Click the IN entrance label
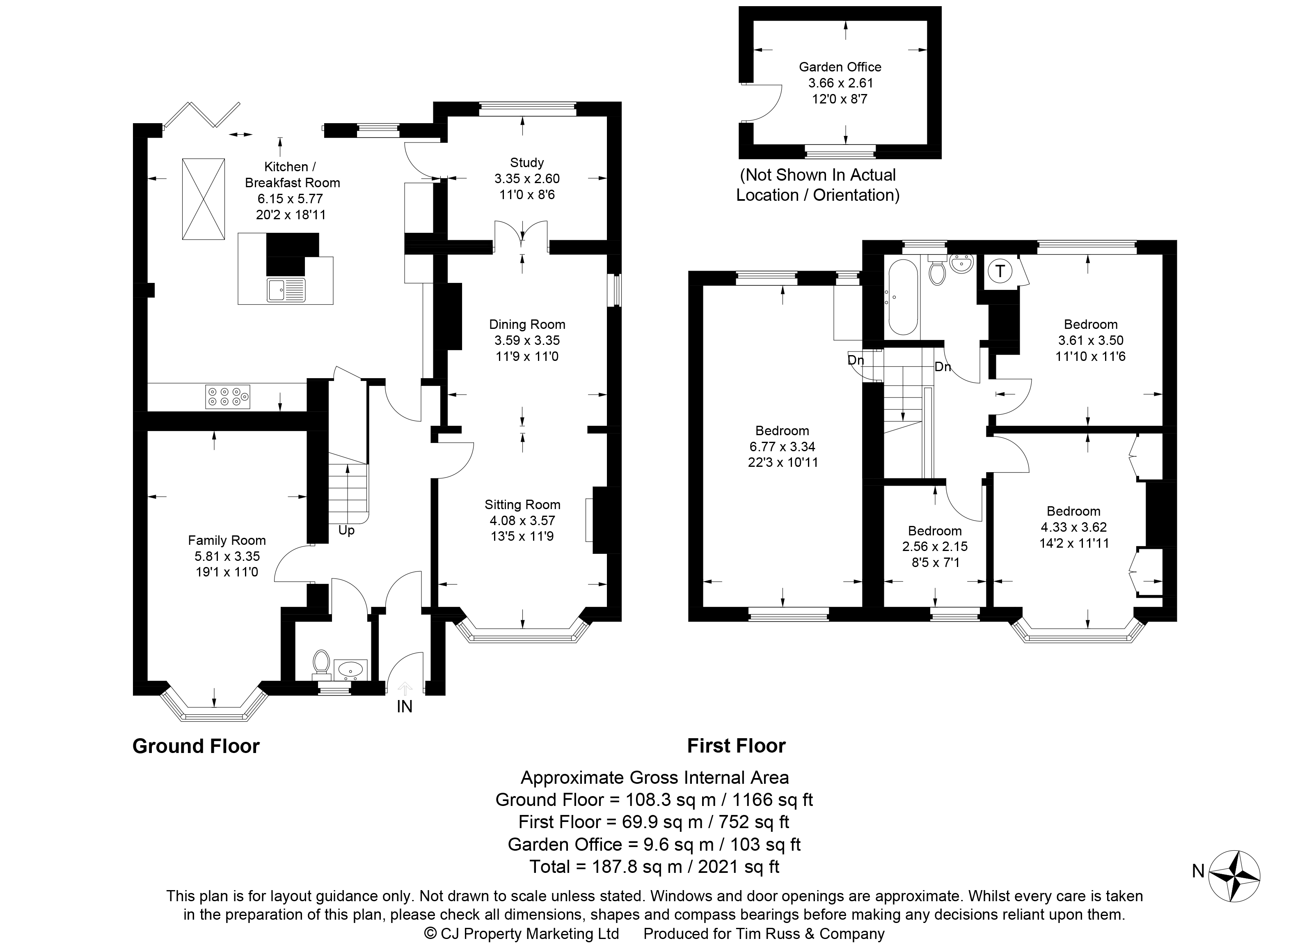click(404, 706)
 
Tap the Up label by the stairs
click(346, 530)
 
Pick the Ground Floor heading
click(196, 746)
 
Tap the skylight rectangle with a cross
click(204, 199)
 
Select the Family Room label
click(227, 540)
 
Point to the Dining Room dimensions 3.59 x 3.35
click(527, 341)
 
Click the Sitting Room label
click(522, 505)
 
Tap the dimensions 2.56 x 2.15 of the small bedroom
click(935, 546)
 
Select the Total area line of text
click(654, 867)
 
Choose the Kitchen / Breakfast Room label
click(292, 175)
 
